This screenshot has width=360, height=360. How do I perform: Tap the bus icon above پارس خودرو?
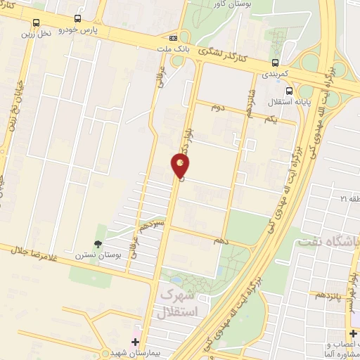click(x=77, y=20)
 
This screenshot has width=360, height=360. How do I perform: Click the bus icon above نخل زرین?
click(x=37, y=22)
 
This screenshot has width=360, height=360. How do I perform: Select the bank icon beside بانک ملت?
click(x=173, y=37)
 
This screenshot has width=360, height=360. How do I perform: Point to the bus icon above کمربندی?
click(x=275, y=61)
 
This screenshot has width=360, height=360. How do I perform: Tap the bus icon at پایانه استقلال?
click(x=289, y=91)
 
